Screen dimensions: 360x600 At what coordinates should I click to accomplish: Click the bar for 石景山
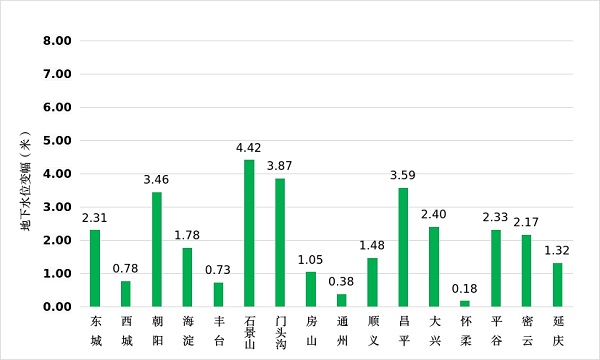(249, 233)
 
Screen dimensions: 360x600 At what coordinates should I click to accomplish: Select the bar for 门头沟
(280, 242)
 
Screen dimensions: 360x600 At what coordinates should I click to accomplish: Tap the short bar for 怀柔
(465, 303)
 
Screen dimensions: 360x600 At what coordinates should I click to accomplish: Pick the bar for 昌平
(403, 247)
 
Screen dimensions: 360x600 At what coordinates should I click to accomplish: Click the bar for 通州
(341, 300)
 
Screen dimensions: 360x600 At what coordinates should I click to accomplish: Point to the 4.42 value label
(249, 148)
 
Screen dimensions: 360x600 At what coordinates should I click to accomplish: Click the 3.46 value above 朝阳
(156, 180)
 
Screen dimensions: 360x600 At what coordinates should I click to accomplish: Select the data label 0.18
(465, 289)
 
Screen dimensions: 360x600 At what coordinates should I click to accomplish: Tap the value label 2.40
(434, 215)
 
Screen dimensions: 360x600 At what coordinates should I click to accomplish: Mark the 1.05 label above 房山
(311, 260)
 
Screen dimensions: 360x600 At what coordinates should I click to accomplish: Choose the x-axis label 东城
(95, 330)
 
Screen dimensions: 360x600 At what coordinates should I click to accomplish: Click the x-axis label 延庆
(558, 330)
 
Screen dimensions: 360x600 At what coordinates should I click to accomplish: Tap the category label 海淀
(187, 330)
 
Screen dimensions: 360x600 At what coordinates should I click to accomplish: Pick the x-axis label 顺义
(372, 330)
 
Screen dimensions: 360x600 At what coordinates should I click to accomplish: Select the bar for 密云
(527, 271)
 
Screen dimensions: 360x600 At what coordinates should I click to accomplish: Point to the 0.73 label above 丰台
(218, 271)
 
